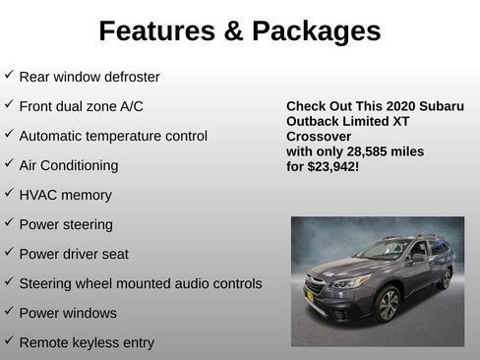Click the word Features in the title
pos(158,31)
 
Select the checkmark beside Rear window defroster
pos(9,75)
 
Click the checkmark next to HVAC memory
pos(9,193)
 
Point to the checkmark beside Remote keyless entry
pos(9,340)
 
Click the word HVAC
pos(37,195)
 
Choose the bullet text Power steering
pos(66,224)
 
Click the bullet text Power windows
pos(68,313)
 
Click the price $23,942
pos(332,167)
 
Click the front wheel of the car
pos(387,304)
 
